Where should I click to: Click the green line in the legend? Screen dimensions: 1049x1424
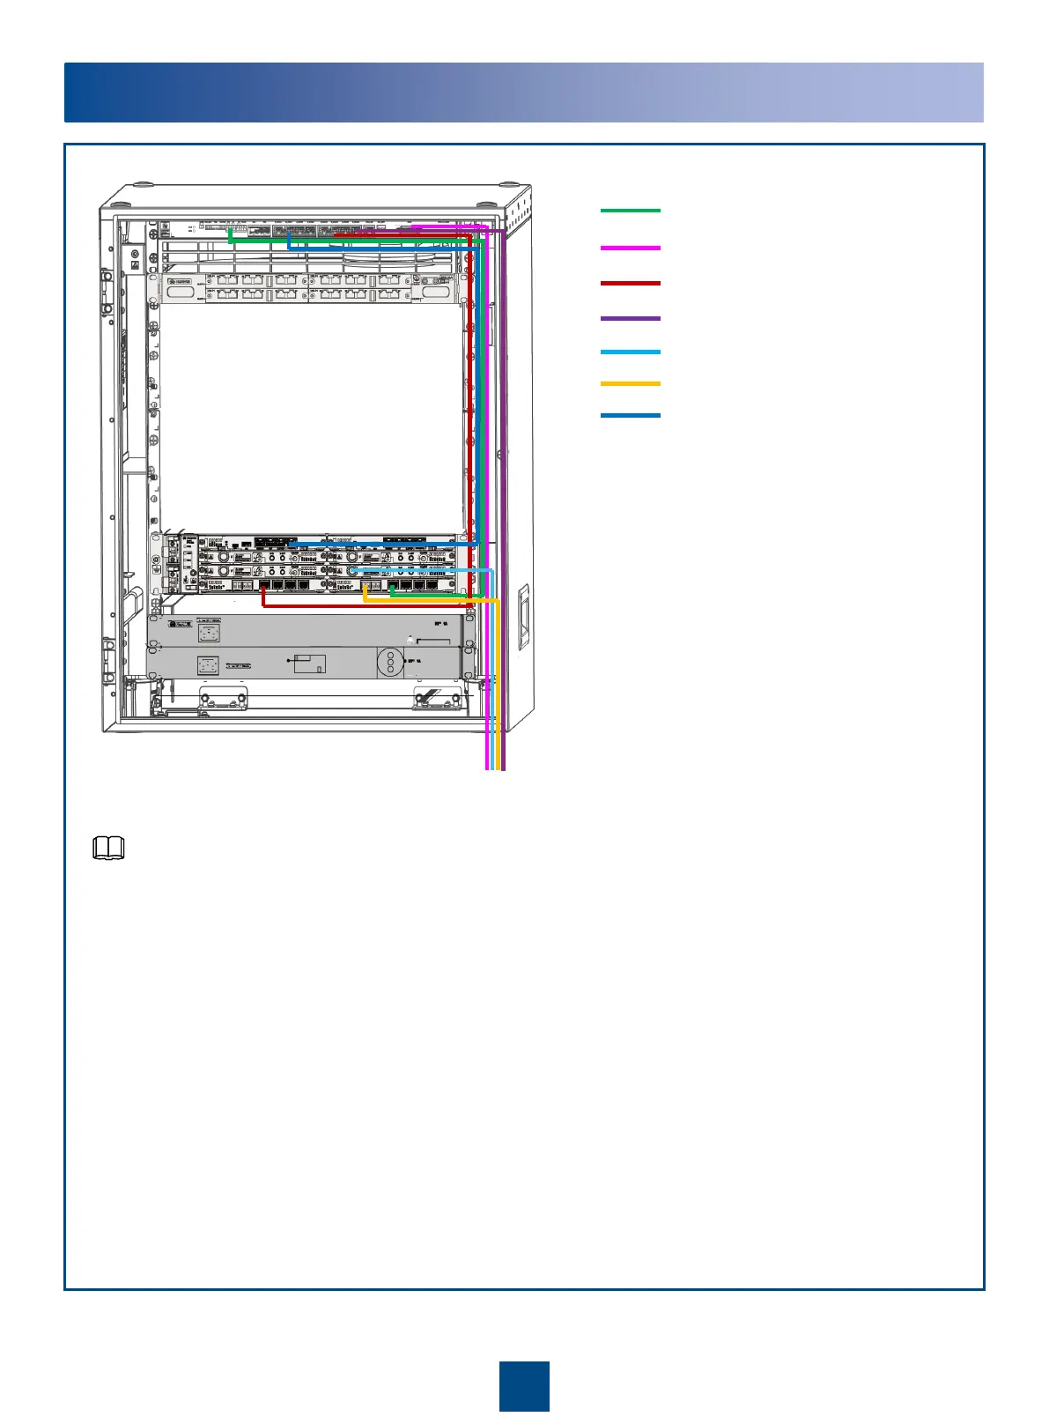(x=630, y=211)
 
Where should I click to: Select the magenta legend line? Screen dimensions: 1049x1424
(x=630, y=248)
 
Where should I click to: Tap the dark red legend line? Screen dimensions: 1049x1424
(x=630, y=283)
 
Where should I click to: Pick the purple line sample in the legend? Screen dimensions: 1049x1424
(x=630, y=318)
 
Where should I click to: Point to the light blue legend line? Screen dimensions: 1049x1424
(x=630, y=352)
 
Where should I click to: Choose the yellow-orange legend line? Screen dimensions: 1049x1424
(x=630, y=383)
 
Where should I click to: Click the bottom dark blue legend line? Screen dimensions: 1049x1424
(x=630, y=415)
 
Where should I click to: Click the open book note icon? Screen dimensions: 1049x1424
(x=109, y=849)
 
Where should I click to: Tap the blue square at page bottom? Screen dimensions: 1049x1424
(x=524, y=1385)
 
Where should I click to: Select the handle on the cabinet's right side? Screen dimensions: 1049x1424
(x=522, y=616)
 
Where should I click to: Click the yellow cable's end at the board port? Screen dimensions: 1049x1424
(x=366, y=586)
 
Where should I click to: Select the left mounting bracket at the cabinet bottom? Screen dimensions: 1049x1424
(x=221, y=701)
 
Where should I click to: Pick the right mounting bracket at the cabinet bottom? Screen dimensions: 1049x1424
(x=438, y=701)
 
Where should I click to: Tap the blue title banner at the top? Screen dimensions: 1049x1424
(x=524, y=93)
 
